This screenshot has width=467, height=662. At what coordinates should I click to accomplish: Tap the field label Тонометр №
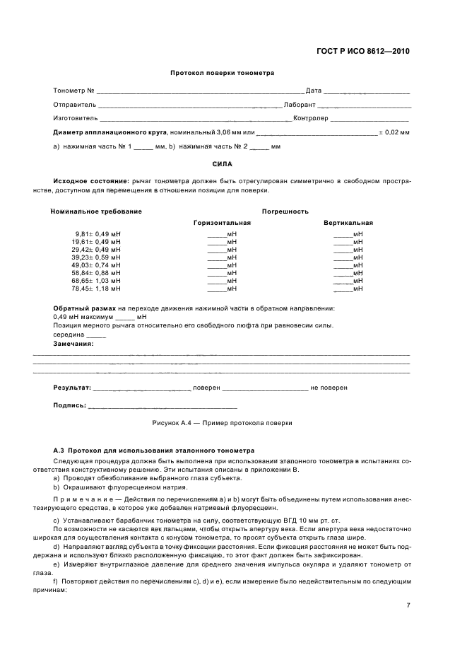coord(74,91)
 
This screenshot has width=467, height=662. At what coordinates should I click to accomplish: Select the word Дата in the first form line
coord(314,91)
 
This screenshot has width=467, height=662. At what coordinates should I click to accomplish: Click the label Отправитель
coord(74,104)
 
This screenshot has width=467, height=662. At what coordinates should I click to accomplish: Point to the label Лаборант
coord(300,104)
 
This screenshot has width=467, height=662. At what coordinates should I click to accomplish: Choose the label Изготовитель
coord(76,118)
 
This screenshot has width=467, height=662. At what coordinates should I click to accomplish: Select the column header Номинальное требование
coord(96,211)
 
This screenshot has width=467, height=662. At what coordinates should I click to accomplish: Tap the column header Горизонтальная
coord(222,223)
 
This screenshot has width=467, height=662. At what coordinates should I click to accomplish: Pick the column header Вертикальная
coord(348,223)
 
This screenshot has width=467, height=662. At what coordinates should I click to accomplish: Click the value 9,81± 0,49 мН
coord(97,233)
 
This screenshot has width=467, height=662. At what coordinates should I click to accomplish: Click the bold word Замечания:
coord(73,343)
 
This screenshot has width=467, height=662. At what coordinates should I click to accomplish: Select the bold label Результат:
coord(72,388)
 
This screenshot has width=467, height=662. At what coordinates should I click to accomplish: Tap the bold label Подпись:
coord(70,406)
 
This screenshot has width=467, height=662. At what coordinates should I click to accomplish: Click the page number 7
coord(408,605)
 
